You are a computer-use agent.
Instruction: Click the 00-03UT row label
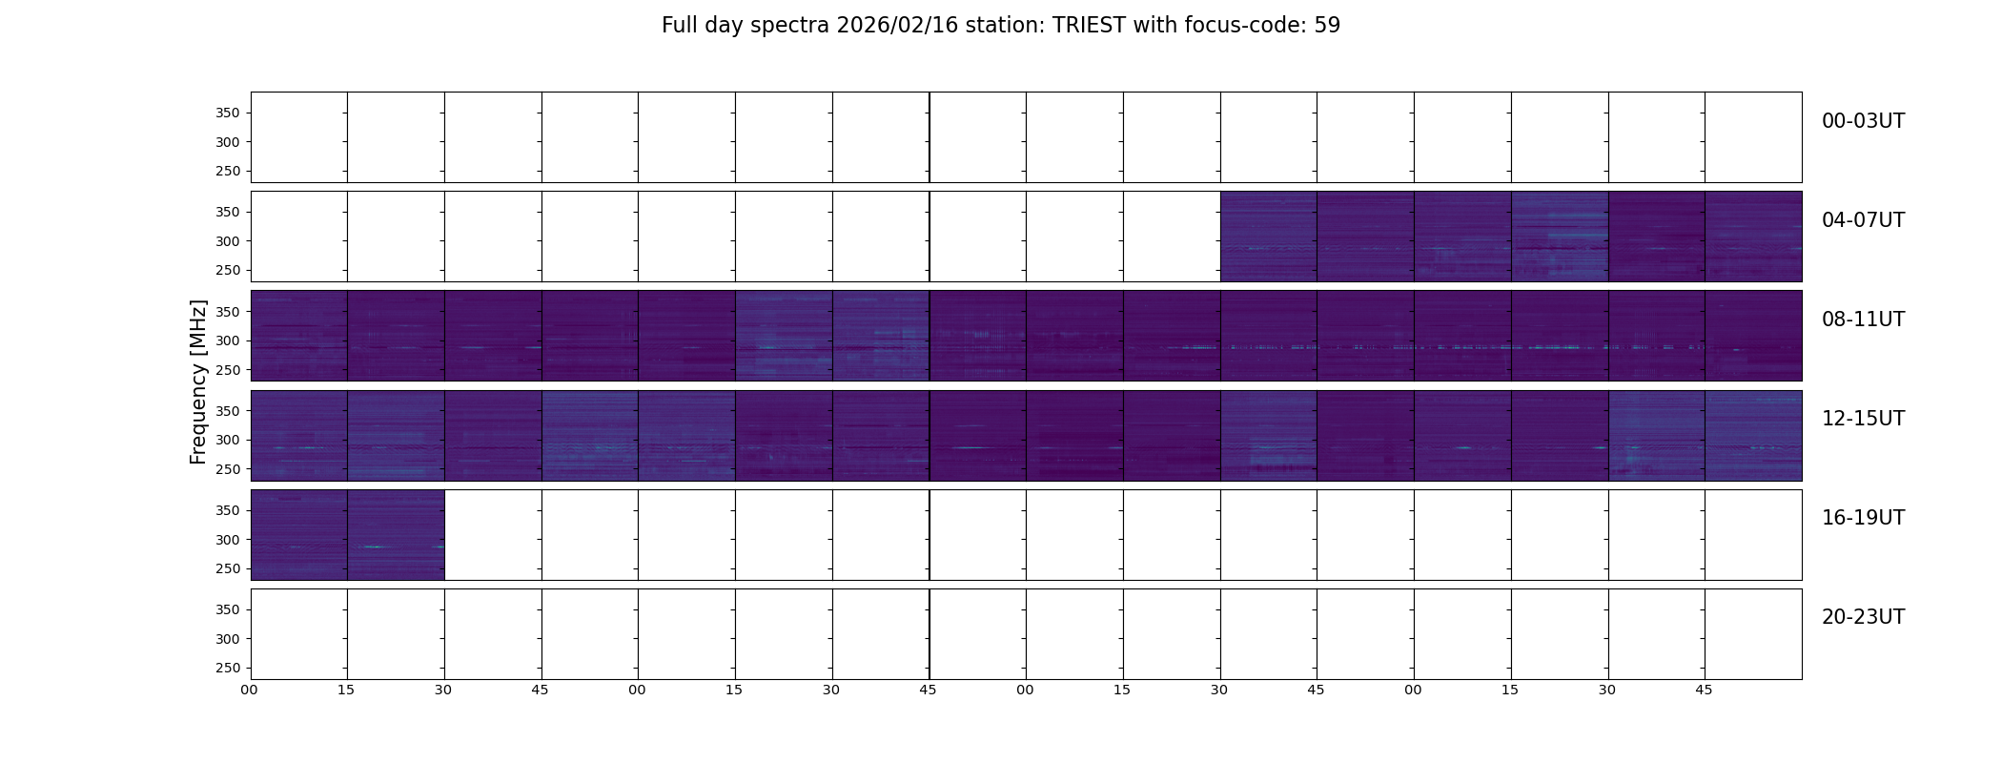(x=1863, y=121)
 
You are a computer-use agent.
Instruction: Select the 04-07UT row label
(x=1863, y=220)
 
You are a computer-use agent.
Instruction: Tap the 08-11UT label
(x=1863, y=320)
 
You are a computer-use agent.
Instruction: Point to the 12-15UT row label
(x=1863, y=419)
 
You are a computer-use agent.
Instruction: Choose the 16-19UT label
(x=1863, y=518)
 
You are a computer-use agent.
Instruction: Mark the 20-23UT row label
(x=1863, y=617)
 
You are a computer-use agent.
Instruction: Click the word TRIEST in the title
(x=1090, y=26)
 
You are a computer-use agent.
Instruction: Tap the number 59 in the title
(x=1327, y=26)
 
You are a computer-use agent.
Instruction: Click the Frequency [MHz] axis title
(x=198, y=381)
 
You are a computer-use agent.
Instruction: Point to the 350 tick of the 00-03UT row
(x=228, y=113)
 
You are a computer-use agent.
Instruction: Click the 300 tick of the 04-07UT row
(x=228, y=241)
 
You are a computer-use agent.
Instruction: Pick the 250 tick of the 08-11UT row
(x=228, y=370)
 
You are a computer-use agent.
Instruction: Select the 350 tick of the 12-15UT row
(x=228, y=411)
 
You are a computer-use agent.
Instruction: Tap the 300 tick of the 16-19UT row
(x=228, y=540)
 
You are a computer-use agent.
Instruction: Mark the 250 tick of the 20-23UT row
(x=228, y=669)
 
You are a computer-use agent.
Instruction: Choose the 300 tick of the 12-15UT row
(x=228, y=441)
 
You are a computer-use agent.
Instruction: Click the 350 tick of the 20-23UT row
(x=228, y=609)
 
